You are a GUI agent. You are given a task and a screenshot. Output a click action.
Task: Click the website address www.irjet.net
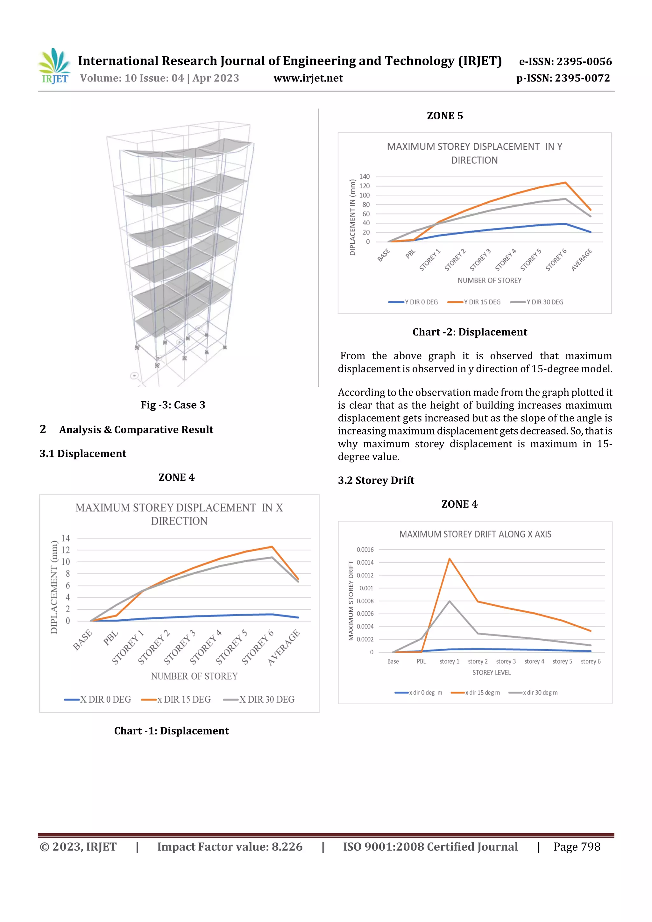308,78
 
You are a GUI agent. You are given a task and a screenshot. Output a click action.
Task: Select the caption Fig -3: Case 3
173,405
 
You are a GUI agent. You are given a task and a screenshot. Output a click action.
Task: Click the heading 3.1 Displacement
83,454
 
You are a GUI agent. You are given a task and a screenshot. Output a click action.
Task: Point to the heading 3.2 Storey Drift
376,480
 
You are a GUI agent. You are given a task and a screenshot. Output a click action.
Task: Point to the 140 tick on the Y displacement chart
365,177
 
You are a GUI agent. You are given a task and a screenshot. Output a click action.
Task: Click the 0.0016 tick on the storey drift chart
365,550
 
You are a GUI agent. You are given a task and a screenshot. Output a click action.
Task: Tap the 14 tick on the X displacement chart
66,538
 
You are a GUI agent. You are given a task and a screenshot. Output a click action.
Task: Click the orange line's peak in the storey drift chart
449,559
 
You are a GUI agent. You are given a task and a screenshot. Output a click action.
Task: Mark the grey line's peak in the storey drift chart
449,601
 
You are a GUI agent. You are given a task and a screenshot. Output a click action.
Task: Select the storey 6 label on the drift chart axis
590,661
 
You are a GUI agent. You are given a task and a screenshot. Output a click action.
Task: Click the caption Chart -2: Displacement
469,332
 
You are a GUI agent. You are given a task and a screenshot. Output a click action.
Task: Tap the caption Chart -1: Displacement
171,731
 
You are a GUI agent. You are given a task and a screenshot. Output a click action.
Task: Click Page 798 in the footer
577,847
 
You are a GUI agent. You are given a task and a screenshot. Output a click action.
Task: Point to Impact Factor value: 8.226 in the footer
230,847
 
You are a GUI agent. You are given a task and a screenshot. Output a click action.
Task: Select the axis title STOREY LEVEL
491,672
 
